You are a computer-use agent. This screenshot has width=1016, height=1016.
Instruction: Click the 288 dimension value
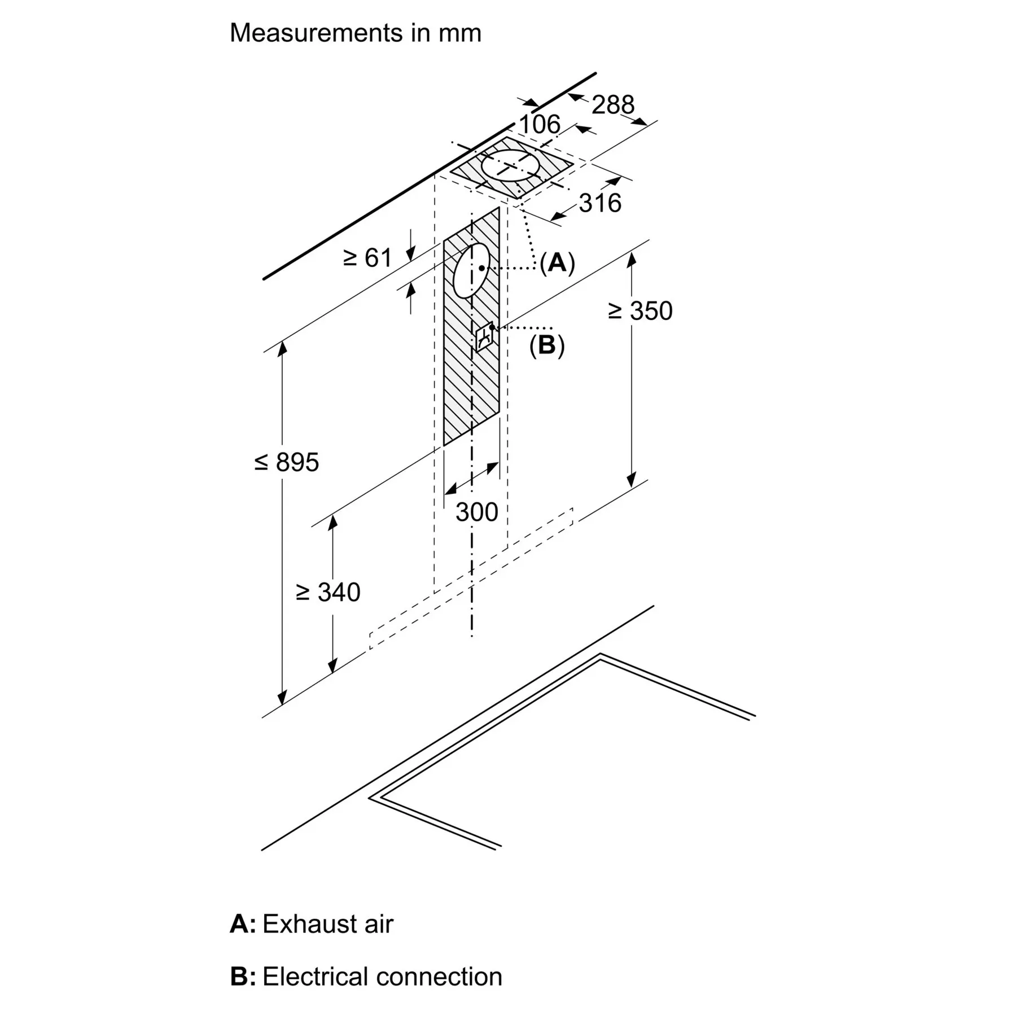pyautogui.click(x=613, y=105)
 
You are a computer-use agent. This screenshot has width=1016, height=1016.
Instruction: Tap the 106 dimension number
pyautogui.click(x=540, y=125)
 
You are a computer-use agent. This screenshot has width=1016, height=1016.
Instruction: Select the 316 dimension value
pyautogui.click(x=600, y=203)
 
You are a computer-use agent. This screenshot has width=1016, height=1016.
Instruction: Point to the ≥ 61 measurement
pyautogui.click(x=367, y=259)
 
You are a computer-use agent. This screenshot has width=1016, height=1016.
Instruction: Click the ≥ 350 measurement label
pyautogui.click(x=640, y=311)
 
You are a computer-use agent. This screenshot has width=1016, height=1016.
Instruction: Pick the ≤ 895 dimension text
pyautogui.click(x=287, y=462)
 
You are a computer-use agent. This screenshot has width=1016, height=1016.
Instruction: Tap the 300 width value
pyautogui.click(x=477, y=513)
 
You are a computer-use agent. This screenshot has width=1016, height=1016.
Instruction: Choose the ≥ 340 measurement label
pyautogui.click(x=328, y=593)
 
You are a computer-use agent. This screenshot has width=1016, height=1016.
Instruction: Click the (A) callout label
pyautogui.click(x=557, y=262)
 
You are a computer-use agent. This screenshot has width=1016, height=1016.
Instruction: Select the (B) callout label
pyautogui.click(x=546, y=345)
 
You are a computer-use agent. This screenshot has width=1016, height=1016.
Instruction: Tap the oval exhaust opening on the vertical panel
pyautogui.click(x=471, y=271)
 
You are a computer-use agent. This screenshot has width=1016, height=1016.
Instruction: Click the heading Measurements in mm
pyautogui.click(x=356, y=33)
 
